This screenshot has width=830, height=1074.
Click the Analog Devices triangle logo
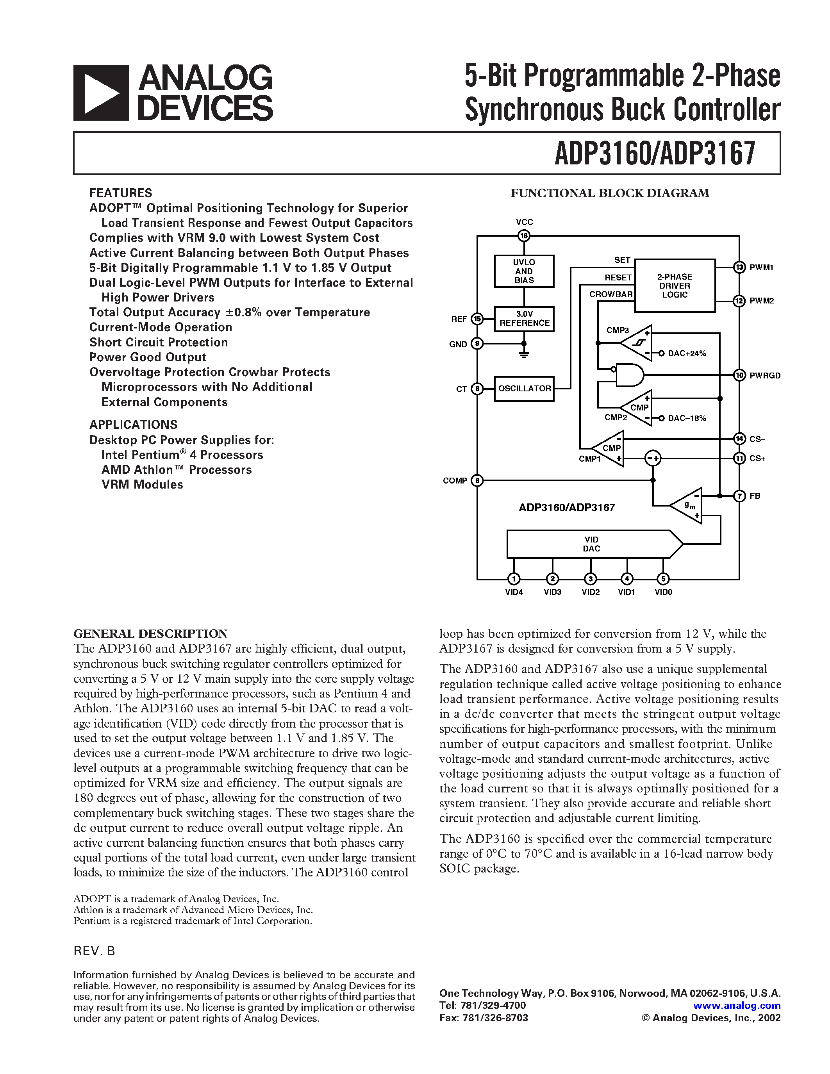point(101,93)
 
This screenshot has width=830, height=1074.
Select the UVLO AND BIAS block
point(524,271)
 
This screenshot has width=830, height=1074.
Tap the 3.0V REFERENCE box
point(524,319)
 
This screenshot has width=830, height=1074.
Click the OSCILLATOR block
point(524,389)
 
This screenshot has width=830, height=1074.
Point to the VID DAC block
point(593,544)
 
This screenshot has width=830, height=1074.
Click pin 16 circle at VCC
point(524,236)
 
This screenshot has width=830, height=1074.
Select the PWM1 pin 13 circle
point(739,268)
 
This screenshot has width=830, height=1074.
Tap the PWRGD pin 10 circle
point(739,375)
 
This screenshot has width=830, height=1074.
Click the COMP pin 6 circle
point(477,480)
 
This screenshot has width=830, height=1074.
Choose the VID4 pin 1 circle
point(514,579)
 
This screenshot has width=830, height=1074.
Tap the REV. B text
point(94,951)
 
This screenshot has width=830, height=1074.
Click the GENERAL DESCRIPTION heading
point(150,633)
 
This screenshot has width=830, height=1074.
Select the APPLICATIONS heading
point(133,425)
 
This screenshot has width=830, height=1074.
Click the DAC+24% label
point(686,353)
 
